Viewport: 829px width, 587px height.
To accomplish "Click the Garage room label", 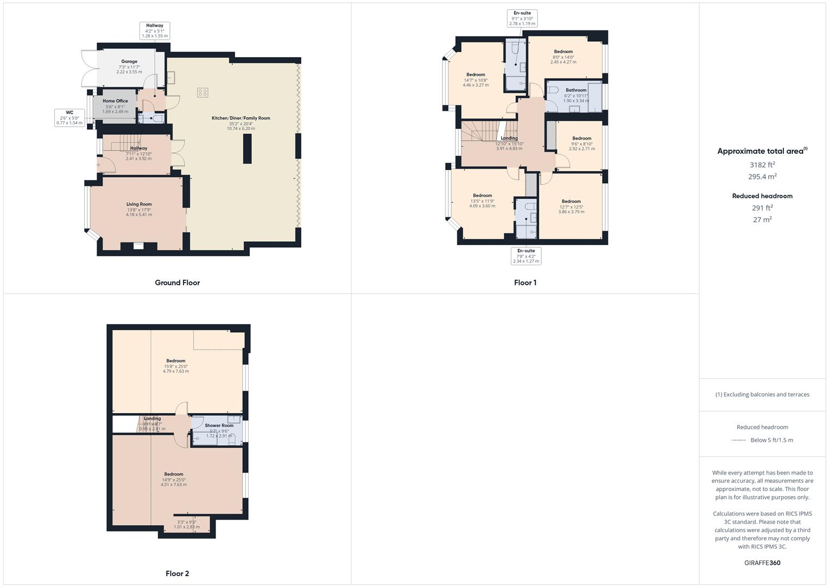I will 129,61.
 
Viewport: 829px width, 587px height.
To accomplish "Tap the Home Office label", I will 115,101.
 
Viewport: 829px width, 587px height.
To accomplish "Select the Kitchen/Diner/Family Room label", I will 241,118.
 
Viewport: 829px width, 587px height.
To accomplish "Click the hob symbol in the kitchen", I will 202,92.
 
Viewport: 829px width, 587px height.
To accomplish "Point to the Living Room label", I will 139,204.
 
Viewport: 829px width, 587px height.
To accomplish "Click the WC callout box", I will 69,117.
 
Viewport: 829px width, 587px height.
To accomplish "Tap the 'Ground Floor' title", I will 177,283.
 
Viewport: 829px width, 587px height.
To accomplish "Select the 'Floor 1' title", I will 525,283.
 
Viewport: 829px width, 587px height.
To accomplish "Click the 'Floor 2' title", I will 177,573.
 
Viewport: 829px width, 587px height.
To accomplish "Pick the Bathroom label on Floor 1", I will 576,90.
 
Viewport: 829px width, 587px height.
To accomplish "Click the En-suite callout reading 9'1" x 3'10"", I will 522,18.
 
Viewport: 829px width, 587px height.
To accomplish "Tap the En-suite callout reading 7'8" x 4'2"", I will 526,256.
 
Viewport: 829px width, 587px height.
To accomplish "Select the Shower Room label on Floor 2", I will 219,426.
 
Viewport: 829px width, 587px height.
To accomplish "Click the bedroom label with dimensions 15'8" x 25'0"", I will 176,361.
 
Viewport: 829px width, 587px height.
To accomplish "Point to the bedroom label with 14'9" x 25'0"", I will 174,474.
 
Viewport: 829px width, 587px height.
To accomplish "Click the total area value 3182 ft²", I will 762,165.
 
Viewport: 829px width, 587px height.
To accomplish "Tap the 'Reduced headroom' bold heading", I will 762,196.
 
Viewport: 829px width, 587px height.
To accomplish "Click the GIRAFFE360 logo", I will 762,563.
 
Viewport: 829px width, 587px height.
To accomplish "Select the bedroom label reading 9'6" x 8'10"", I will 581,139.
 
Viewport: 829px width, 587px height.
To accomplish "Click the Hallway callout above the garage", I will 155,30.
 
